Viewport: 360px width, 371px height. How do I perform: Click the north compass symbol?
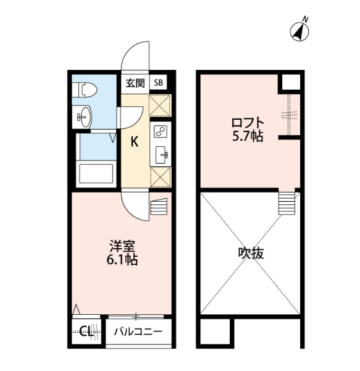point(299,31)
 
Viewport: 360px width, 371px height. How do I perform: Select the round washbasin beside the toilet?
point(85,117)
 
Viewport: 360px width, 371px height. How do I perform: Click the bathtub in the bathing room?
point(96,173)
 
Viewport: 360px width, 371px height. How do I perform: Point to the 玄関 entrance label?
point(135,83)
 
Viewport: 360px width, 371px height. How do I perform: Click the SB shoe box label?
point(158,83)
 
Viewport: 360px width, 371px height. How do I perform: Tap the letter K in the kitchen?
point(135,142)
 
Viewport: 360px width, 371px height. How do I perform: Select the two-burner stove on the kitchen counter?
point(160,131)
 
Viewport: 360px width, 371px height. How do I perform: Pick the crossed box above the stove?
point(160,106)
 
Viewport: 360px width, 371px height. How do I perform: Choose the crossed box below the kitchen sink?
point(161,177)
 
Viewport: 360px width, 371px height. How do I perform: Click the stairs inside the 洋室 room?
point(159,207)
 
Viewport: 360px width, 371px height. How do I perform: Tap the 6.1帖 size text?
point(122,259)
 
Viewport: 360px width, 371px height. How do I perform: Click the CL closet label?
point(86,331)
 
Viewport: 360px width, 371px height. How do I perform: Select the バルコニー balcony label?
point(138,331)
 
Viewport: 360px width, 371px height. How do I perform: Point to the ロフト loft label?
point(248,123)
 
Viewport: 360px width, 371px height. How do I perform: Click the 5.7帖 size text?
point(248,136)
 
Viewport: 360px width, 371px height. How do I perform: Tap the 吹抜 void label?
point(251,253)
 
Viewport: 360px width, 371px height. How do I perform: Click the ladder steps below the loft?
point(287,203)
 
